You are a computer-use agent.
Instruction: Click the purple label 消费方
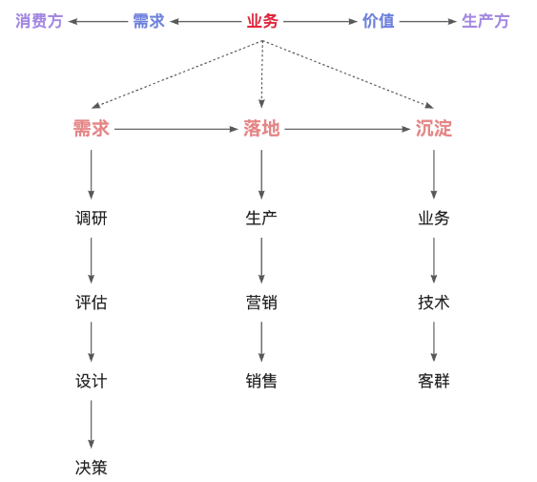click(x=39, y=21)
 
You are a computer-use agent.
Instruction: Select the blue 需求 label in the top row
click(x=148, y=21)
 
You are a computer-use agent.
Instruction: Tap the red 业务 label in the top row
click(x=262, y=21)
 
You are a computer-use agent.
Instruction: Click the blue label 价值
click(x=378, y=21)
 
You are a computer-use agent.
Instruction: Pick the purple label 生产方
click(x=485, y=21)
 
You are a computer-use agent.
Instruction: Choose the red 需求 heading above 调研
click(x=92, y=129)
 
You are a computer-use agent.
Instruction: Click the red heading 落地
click(x=261, y=129)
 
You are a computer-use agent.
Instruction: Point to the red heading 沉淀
click(x=434, y=129)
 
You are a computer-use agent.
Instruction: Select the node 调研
click(x=92, y=219)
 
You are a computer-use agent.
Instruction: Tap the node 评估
click(x=92, y=303)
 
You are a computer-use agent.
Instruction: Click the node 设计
click(x=92, y=381)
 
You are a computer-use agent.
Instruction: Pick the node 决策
click(x=92, y=468)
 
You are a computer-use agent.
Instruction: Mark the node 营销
click(x=261, y=303)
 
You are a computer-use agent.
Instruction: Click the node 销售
click(x=261, y=381)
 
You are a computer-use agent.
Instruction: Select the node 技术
click(x=434, y=303)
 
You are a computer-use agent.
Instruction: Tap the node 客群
click(x=434, y=381)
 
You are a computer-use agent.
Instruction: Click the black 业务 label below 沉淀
click(x=434, y=219)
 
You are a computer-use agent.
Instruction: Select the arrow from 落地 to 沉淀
click(x=347, y=129)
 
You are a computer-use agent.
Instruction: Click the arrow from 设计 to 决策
click(x=92, y=424)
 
